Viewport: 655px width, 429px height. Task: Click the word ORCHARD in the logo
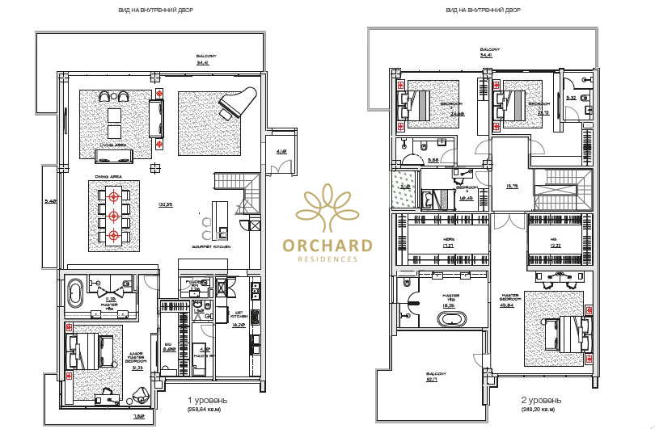tap(327, 246)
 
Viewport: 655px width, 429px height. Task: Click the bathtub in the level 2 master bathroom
tap(450, 319)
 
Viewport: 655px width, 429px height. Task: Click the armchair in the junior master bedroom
tap(140, 394)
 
